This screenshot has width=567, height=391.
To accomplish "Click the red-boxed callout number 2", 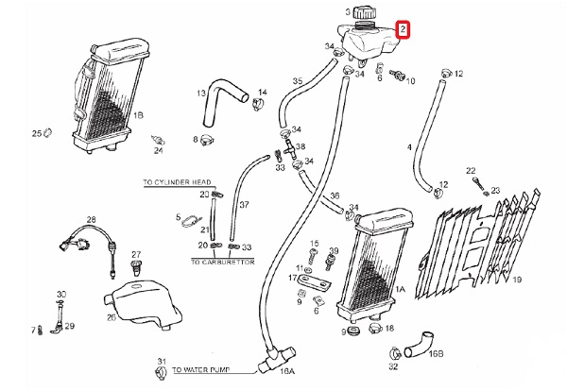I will point(404,30).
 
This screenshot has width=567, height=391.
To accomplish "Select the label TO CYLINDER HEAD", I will point(170,185).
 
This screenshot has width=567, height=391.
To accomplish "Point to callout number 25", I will point(36,133).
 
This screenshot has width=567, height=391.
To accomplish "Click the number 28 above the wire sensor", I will point(92,221).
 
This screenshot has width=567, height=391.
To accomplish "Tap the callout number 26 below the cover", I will point(111,317).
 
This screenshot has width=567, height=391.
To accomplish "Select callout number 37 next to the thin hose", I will point(243,203).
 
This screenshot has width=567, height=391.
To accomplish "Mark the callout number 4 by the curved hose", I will point(408,146).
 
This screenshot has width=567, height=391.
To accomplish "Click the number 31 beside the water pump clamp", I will point(162,363).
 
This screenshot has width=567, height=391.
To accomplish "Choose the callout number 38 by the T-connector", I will point(301,147).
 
